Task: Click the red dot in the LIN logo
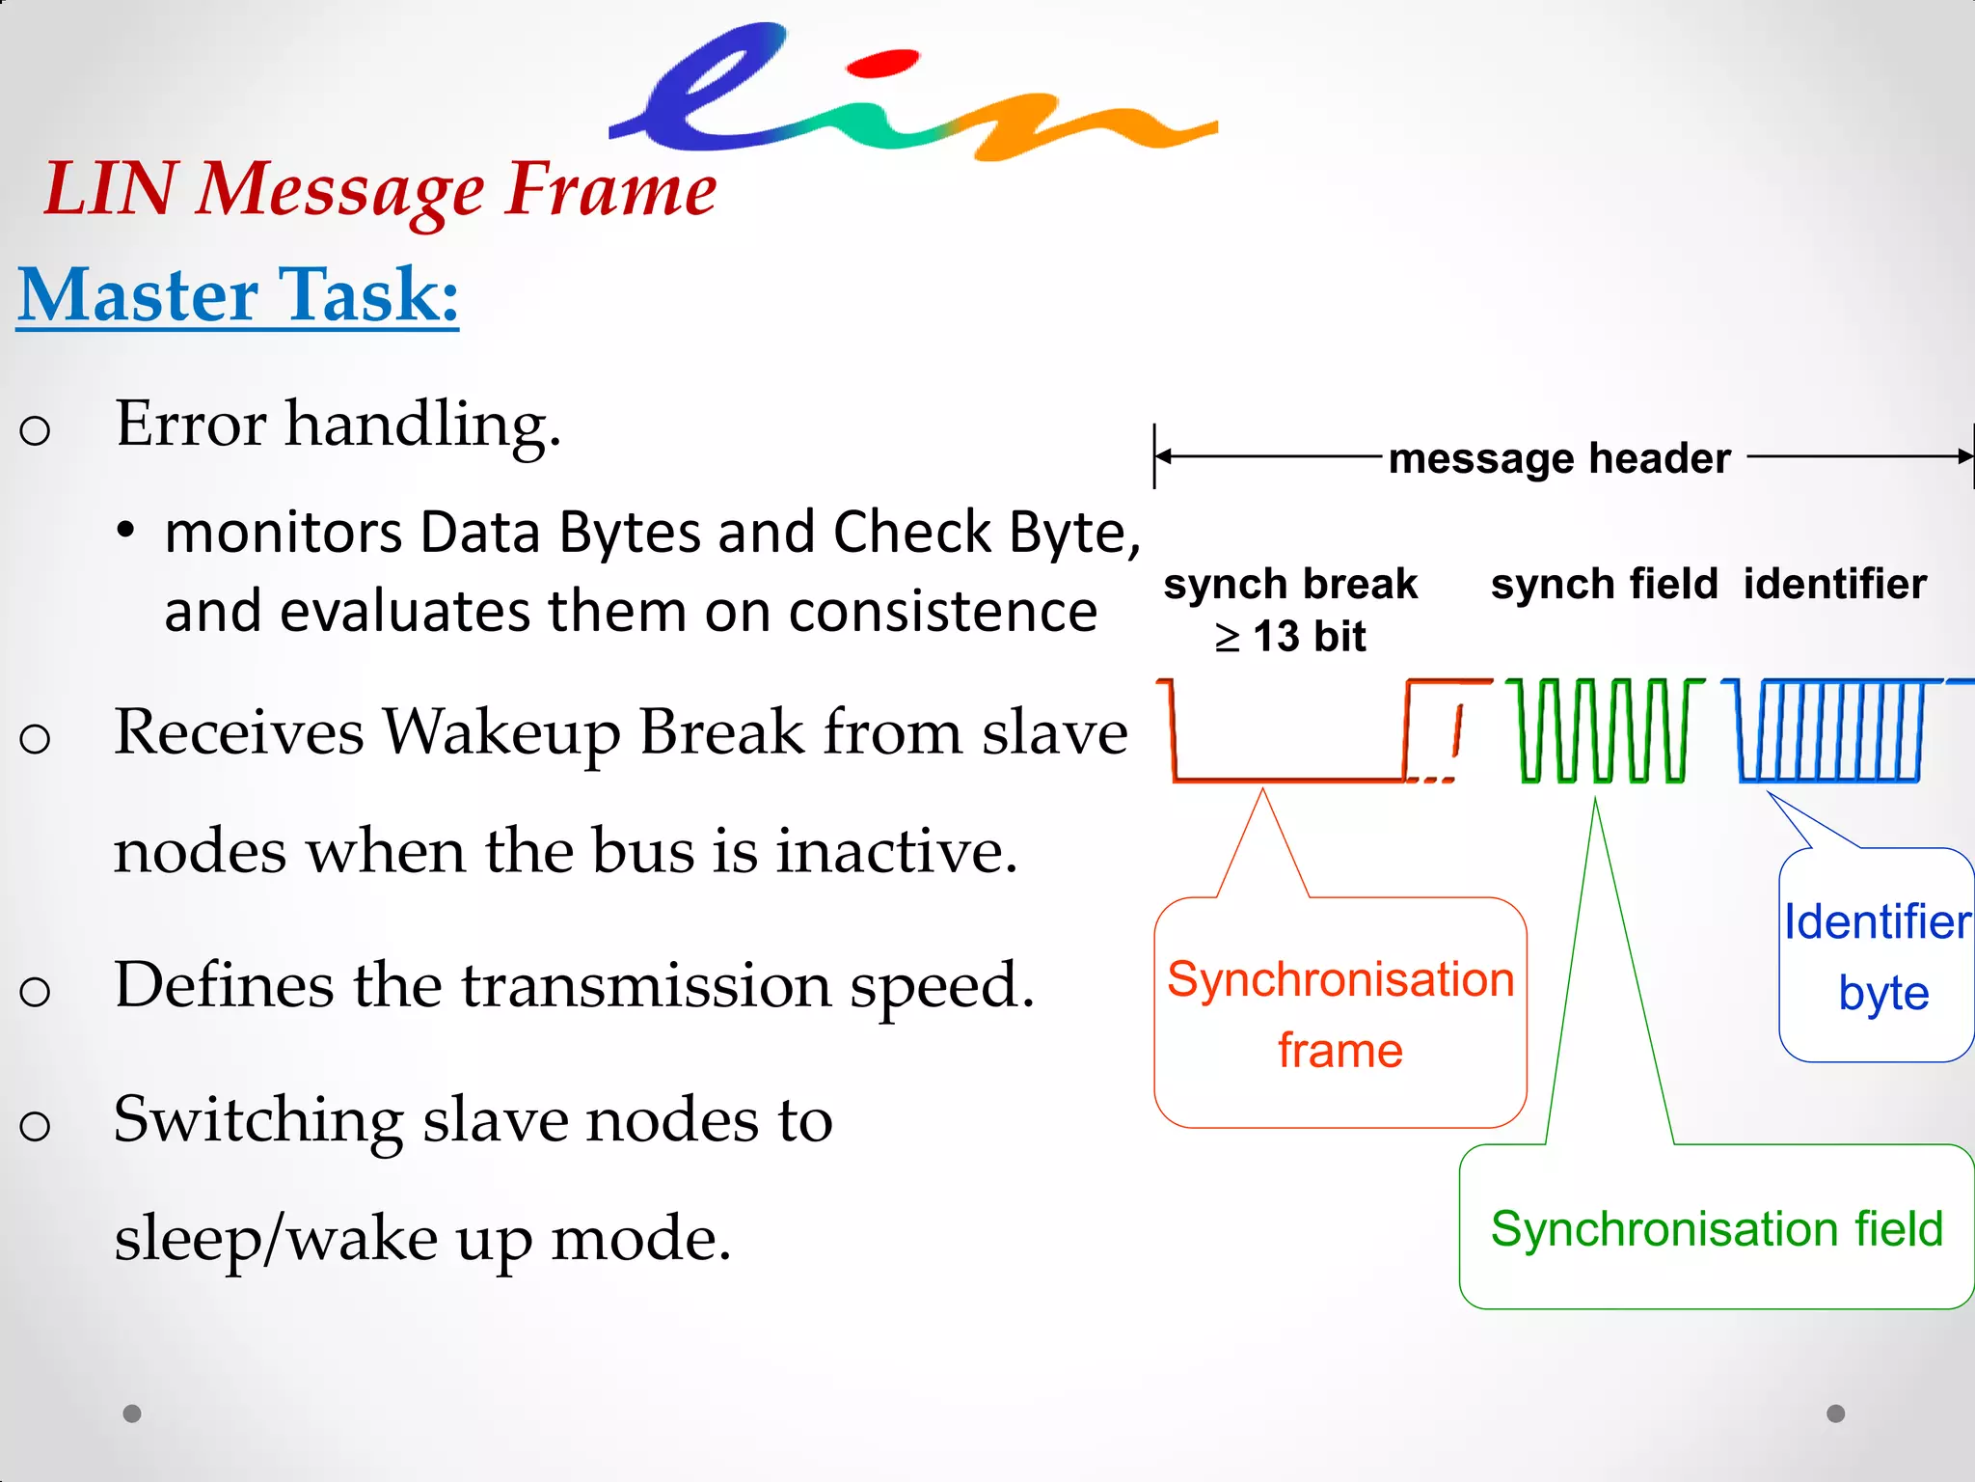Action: pyautogui.click(x=881, y=64)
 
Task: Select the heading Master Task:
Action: pyautogui.click(x=238, y=295)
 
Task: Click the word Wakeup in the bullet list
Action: pyautogui.click(x=501, y=732)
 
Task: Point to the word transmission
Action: pyautogui.click(x=646, y=985)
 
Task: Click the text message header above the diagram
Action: pyautogui.click(x=1559, y=458)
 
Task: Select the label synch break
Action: pyautogui.click(x=1290, y=585)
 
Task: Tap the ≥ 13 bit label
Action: pyautogui.click(x=1290, y=637)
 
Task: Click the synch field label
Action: pyautogui.click(x=1604, y=585)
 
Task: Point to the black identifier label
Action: pyautogui.click(x=1834, y=585)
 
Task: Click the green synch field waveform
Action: pyautogui.click(x=1603, y=730)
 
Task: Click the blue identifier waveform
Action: pyautogui.click(x=1828, y=730)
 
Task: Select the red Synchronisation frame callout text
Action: pyautogui.click(x=1340, y=1013)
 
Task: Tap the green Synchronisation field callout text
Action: pyautogui.click(x=1717, y=1229)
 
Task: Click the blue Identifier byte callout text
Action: pyautogui.click(x=1877, y=957)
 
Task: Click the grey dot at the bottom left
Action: pyautogui.click(x=132, y=1413)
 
